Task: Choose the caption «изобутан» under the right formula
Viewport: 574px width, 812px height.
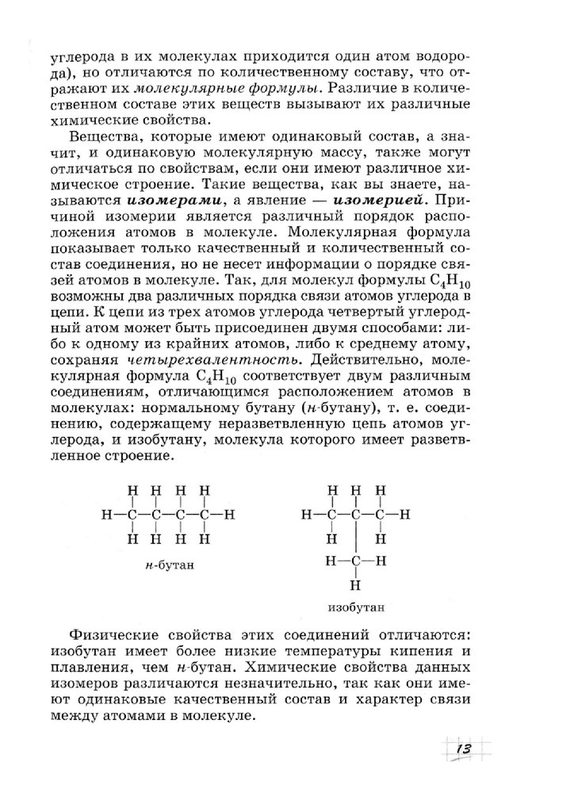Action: (x=355, y=609)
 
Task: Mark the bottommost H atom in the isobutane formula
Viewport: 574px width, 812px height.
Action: (x=354, y=587)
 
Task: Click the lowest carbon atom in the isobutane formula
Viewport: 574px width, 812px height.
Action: (x=354, y=561)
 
